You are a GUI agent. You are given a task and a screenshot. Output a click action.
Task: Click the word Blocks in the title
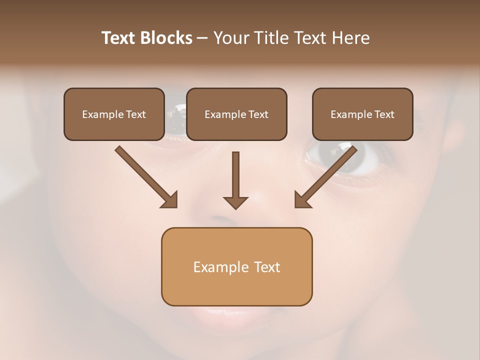(x=167, y=38)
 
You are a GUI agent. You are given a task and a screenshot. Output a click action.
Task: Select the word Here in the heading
(x=350, y=38)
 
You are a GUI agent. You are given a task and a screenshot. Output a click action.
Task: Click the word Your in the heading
(x=230, y=38)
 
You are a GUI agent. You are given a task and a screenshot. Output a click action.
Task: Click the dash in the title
(x=202, y=38)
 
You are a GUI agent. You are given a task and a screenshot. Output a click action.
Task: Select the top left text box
(x=114, y=114)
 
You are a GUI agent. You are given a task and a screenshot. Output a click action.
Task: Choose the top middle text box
(x=236, y=114)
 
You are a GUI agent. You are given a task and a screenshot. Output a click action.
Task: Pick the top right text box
(x=362, y=114)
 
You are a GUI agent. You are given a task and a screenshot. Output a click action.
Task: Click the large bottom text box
(x=236, y=266)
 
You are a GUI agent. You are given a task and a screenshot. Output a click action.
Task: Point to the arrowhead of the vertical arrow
(x=235, y=202)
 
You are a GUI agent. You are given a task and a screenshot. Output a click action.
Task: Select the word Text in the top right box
(x=384, y=114)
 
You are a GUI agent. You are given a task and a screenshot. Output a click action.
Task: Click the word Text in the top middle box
(x=258, y=114)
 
